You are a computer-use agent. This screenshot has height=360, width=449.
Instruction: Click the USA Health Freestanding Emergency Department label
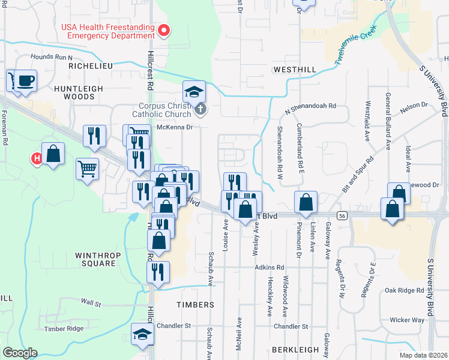click(x=107, y=31)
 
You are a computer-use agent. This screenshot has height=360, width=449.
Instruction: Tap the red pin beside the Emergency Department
click(x=163, y=29)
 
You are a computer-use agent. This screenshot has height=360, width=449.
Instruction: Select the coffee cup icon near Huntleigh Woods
click(x=25, y=80)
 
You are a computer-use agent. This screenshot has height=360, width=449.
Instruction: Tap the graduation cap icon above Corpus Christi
click(x=194, y=92)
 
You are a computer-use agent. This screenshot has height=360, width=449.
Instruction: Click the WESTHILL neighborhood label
click(x=294, y=70)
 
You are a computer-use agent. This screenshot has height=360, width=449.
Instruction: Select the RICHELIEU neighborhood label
click(x=91, y=65)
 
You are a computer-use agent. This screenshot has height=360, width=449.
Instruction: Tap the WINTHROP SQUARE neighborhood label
click(x=95, y=259)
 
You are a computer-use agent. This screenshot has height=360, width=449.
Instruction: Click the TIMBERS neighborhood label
click(x=195, y=305)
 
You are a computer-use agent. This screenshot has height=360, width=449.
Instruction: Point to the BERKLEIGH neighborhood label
click(x=293, y=349)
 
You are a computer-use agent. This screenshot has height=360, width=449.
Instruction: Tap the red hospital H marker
click(x=36, y=158)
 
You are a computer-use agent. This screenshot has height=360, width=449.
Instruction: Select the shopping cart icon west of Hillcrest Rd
click(x=88, y=169)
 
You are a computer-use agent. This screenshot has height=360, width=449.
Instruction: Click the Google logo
click(x=19, y=353)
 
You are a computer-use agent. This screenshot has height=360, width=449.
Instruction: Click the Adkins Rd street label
click(x=269, y=267)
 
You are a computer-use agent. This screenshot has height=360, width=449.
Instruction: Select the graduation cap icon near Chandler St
click(x=142, y=335)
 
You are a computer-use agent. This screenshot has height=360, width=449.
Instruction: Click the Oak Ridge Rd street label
click(x=405, y=290)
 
